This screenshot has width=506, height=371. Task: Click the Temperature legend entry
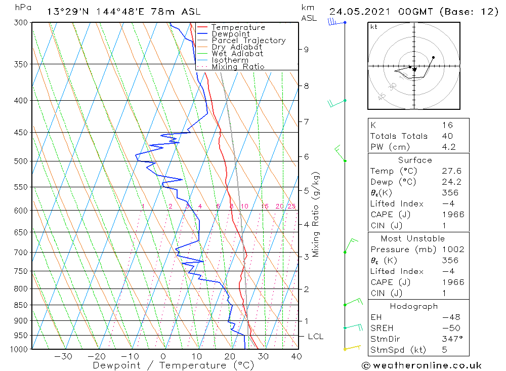(x=238, y=27)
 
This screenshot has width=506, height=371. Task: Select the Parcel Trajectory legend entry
(x=248, y=40)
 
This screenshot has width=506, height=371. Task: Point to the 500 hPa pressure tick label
(x=21, y=161)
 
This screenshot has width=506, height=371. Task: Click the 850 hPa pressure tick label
(x=21, y=305)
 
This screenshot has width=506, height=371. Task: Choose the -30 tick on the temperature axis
(x=63, y=356)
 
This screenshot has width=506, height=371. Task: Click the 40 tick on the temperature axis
(x=297, y=356)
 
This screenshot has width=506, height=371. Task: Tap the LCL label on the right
(x=315, y=337)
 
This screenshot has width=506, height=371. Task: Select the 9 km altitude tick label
(x=306, y=49)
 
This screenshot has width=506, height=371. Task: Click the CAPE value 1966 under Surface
(x=452, y=215)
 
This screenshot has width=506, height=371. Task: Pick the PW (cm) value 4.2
(x=449, y=147)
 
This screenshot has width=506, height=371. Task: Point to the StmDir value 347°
(x=452, y=339)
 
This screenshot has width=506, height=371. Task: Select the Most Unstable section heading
(x=413, y=238)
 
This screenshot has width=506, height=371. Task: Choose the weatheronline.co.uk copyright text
(x=422, y=365)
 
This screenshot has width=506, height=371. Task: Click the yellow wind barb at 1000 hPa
(x=352, y=348)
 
